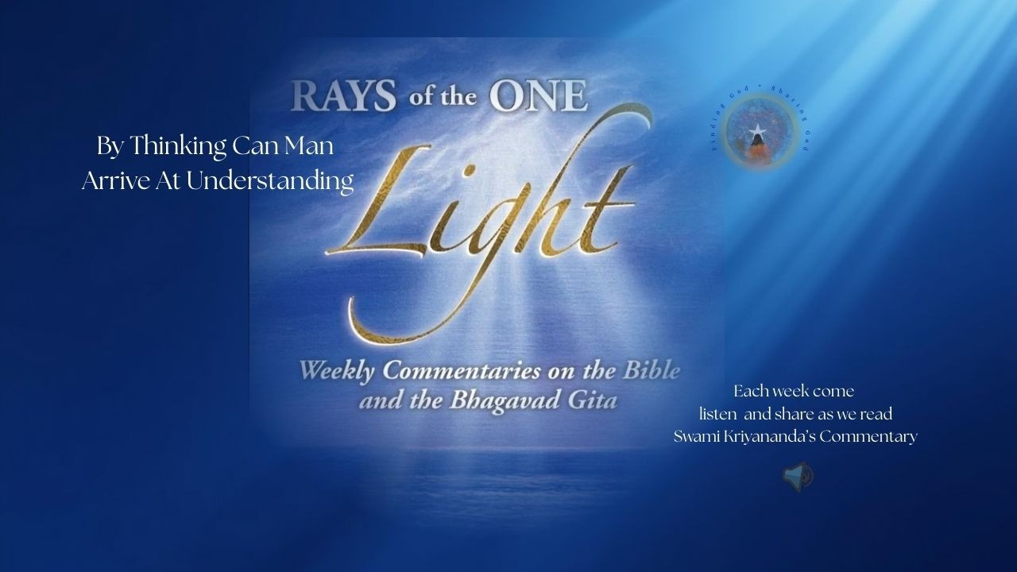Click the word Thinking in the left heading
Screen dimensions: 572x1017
(x=177, y=146)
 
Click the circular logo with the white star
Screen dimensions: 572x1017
(x=759, y=131)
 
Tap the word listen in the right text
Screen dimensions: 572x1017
(x=718, y=414)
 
